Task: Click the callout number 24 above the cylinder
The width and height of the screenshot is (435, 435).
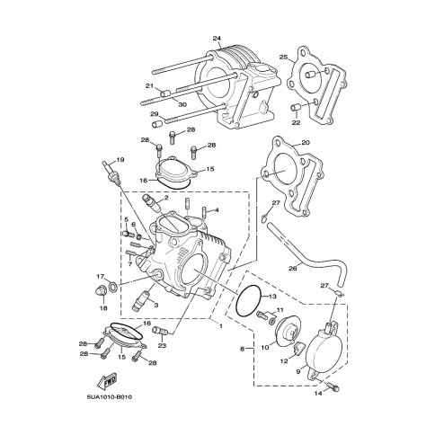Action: (x=217, y=39)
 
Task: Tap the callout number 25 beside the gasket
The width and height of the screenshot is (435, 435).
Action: (x=283, y=57)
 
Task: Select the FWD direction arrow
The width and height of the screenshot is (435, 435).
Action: (x=106, y=380)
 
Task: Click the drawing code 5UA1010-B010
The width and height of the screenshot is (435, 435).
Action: (x=110, y=397)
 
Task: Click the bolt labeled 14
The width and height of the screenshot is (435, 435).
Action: (x=333, y=386)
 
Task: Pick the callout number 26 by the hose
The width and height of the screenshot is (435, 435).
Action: (x=293, y=269)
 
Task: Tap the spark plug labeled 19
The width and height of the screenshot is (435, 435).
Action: (x=111, y=173)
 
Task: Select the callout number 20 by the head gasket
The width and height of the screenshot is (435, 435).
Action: (x=306, y=143)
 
